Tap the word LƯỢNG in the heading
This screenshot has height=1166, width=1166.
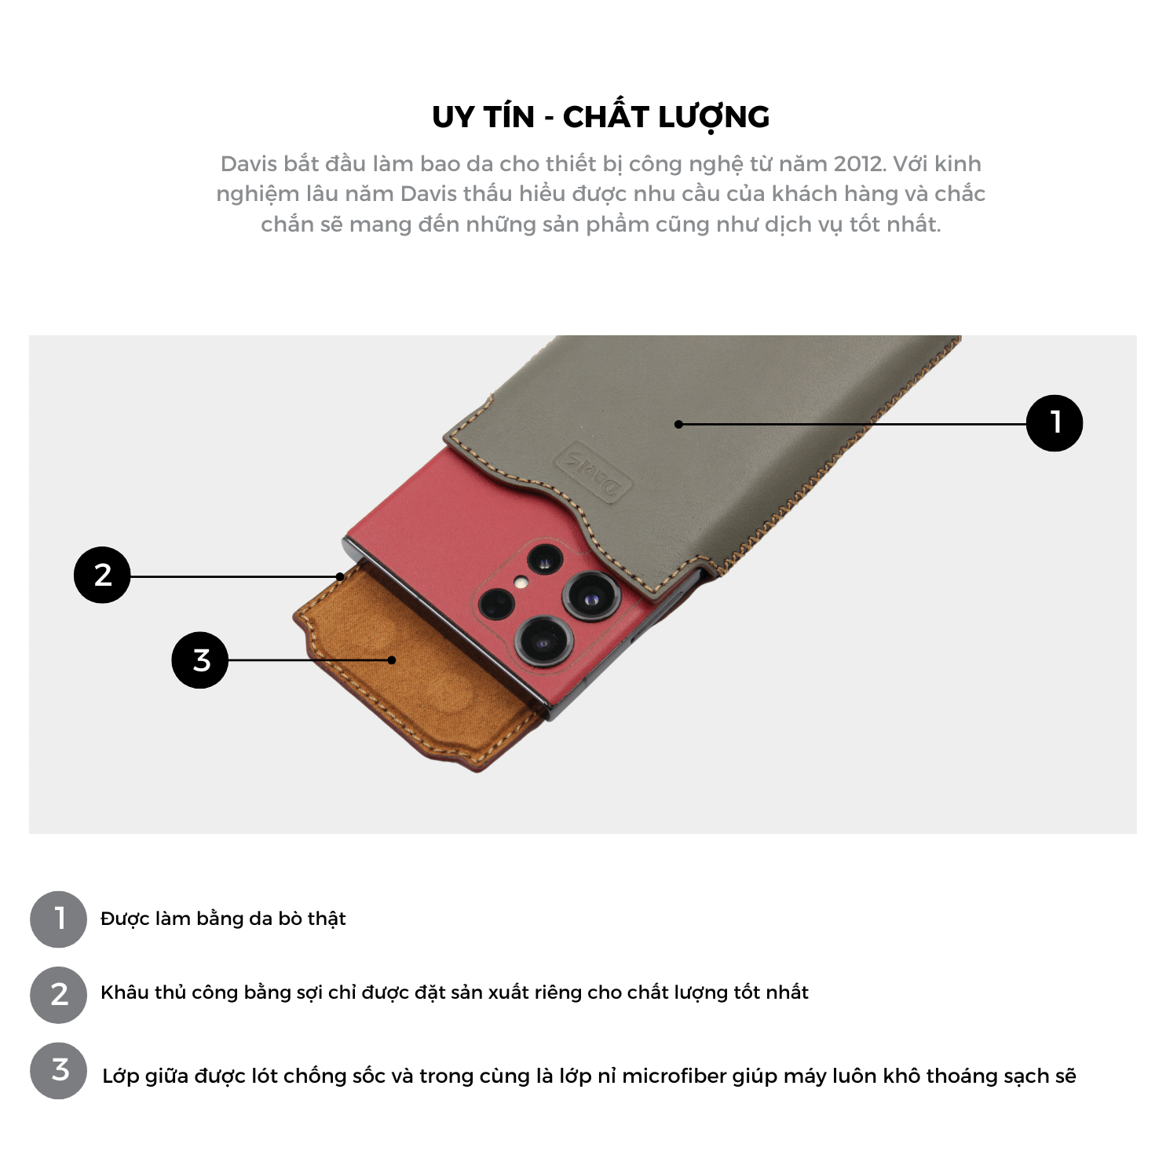point(714,117)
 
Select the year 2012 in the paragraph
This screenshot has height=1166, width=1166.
point(858,163)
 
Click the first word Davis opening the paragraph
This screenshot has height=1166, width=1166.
point(249,163)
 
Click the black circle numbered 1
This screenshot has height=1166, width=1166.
point(1055,423)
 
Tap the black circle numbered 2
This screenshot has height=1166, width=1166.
point(102,575)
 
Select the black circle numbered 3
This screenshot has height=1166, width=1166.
point(200,660)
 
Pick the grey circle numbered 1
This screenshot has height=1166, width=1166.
point(59,919)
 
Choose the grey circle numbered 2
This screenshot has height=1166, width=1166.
point(59,995)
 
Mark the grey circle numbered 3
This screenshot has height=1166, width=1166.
point(59,1071)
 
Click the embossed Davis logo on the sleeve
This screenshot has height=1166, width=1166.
point(594,474)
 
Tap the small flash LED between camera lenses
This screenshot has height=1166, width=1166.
point(520,583)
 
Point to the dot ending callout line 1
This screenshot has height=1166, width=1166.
point(678,424)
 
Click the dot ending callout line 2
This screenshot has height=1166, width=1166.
point(340,576)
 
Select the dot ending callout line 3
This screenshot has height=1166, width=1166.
point(392,660)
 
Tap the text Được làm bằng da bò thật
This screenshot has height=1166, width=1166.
point(223,919)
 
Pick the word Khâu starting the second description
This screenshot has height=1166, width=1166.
point(125,992)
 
